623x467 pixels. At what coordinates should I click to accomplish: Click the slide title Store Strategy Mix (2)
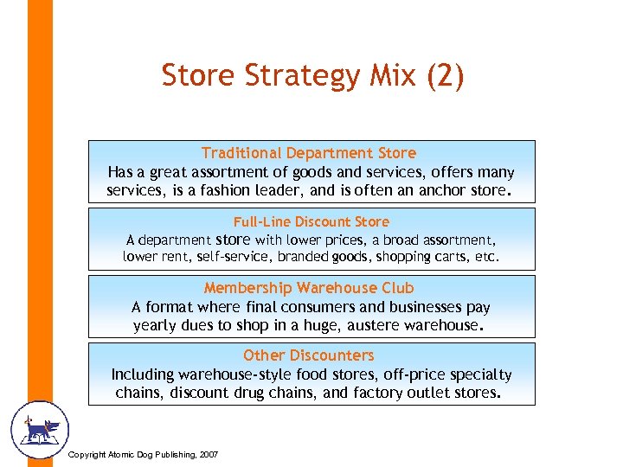(x=312, y=76)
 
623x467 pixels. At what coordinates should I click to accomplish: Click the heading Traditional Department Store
(x=309, y=153)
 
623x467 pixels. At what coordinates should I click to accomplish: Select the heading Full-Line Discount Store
(x=311, y=221)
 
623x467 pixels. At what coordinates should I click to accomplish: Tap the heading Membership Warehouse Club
(x=309, y=288)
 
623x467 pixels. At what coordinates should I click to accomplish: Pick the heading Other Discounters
(x=309, y=355)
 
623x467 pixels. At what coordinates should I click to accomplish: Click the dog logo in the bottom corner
(x=39, y=429)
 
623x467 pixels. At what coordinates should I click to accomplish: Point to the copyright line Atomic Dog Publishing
(x=143, y=455)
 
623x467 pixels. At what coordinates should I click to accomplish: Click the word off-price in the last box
(x=401, y=374)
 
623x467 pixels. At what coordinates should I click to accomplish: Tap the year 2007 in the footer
(x=209, y=455)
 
